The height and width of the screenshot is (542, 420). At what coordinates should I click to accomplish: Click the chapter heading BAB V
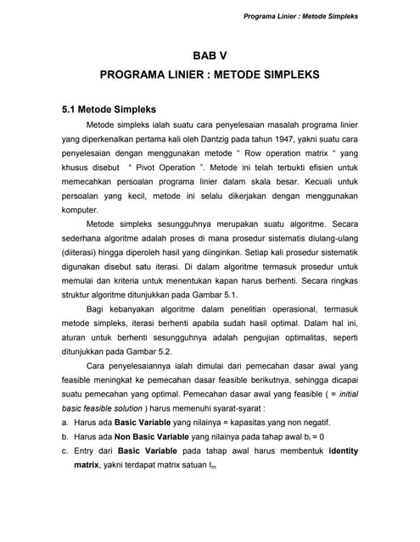pyautogui.click(x=210, y=56)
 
